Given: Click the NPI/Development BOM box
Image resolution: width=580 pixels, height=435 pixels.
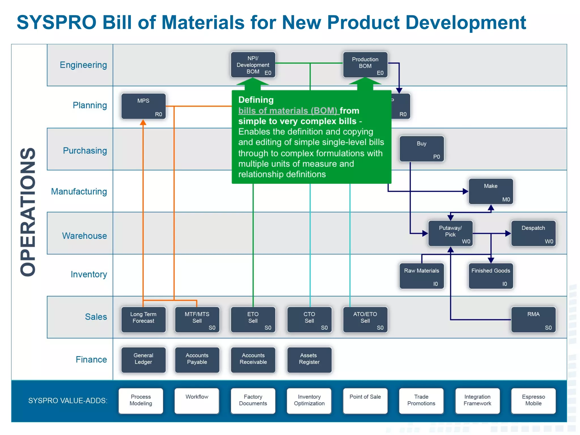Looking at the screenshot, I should pyautogui.click(x=253, y=65).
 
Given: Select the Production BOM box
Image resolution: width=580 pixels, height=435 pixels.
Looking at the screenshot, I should pyautogui.click(x=365, y=65).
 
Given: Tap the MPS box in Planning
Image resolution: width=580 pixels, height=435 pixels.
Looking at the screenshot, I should pyautogui.click(x=143, y=106).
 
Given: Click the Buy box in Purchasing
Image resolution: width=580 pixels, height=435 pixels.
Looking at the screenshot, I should pyautogui.click(x=421, y=149).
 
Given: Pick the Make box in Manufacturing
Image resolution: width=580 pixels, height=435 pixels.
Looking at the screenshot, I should pyautogui.click(x=491, y=191).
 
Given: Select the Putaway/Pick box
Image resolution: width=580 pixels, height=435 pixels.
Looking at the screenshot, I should pyautogui.click(x=450, y=233).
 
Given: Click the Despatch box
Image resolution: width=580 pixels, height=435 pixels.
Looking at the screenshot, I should pyautogui.click(x=533, y=233).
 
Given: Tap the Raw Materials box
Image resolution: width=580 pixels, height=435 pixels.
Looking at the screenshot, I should pyautogui.click(x=421, y=276).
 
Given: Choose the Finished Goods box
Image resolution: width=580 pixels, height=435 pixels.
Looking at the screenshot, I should pyautogui.click(x=491, y=276).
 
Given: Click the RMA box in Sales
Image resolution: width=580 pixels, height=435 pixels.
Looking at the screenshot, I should pyautogui.click(x=533, y=319).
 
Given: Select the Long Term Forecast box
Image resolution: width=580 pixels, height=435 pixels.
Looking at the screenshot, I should pyautogui.click(x=143, y=319).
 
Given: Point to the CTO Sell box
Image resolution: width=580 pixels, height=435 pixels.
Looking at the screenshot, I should pyautogui.click(x=309, y=319).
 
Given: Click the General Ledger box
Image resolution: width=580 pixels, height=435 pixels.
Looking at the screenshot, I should pyautogui.click(x=143, y=360).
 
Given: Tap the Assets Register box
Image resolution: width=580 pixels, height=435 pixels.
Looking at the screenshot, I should pyautogui.click(x=309, y=360).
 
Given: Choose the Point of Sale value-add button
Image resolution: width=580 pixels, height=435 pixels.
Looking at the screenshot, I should pyautogui.click(x=365, y=401).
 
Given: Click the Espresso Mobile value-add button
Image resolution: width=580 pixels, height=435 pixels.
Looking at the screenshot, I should pyautogui.click(x=533, y=401).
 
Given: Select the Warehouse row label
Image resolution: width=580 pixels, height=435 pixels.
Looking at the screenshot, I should pyautogui.click(x=84, y=236).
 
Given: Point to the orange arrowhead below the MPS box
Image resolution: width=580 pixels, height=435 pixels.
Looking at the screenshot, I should pyautogui.click(x=143, y=122).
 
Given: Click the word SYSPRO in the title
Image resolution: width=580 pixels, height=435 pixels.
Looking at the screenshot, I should pyautogui.click(x=57, y=22).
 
